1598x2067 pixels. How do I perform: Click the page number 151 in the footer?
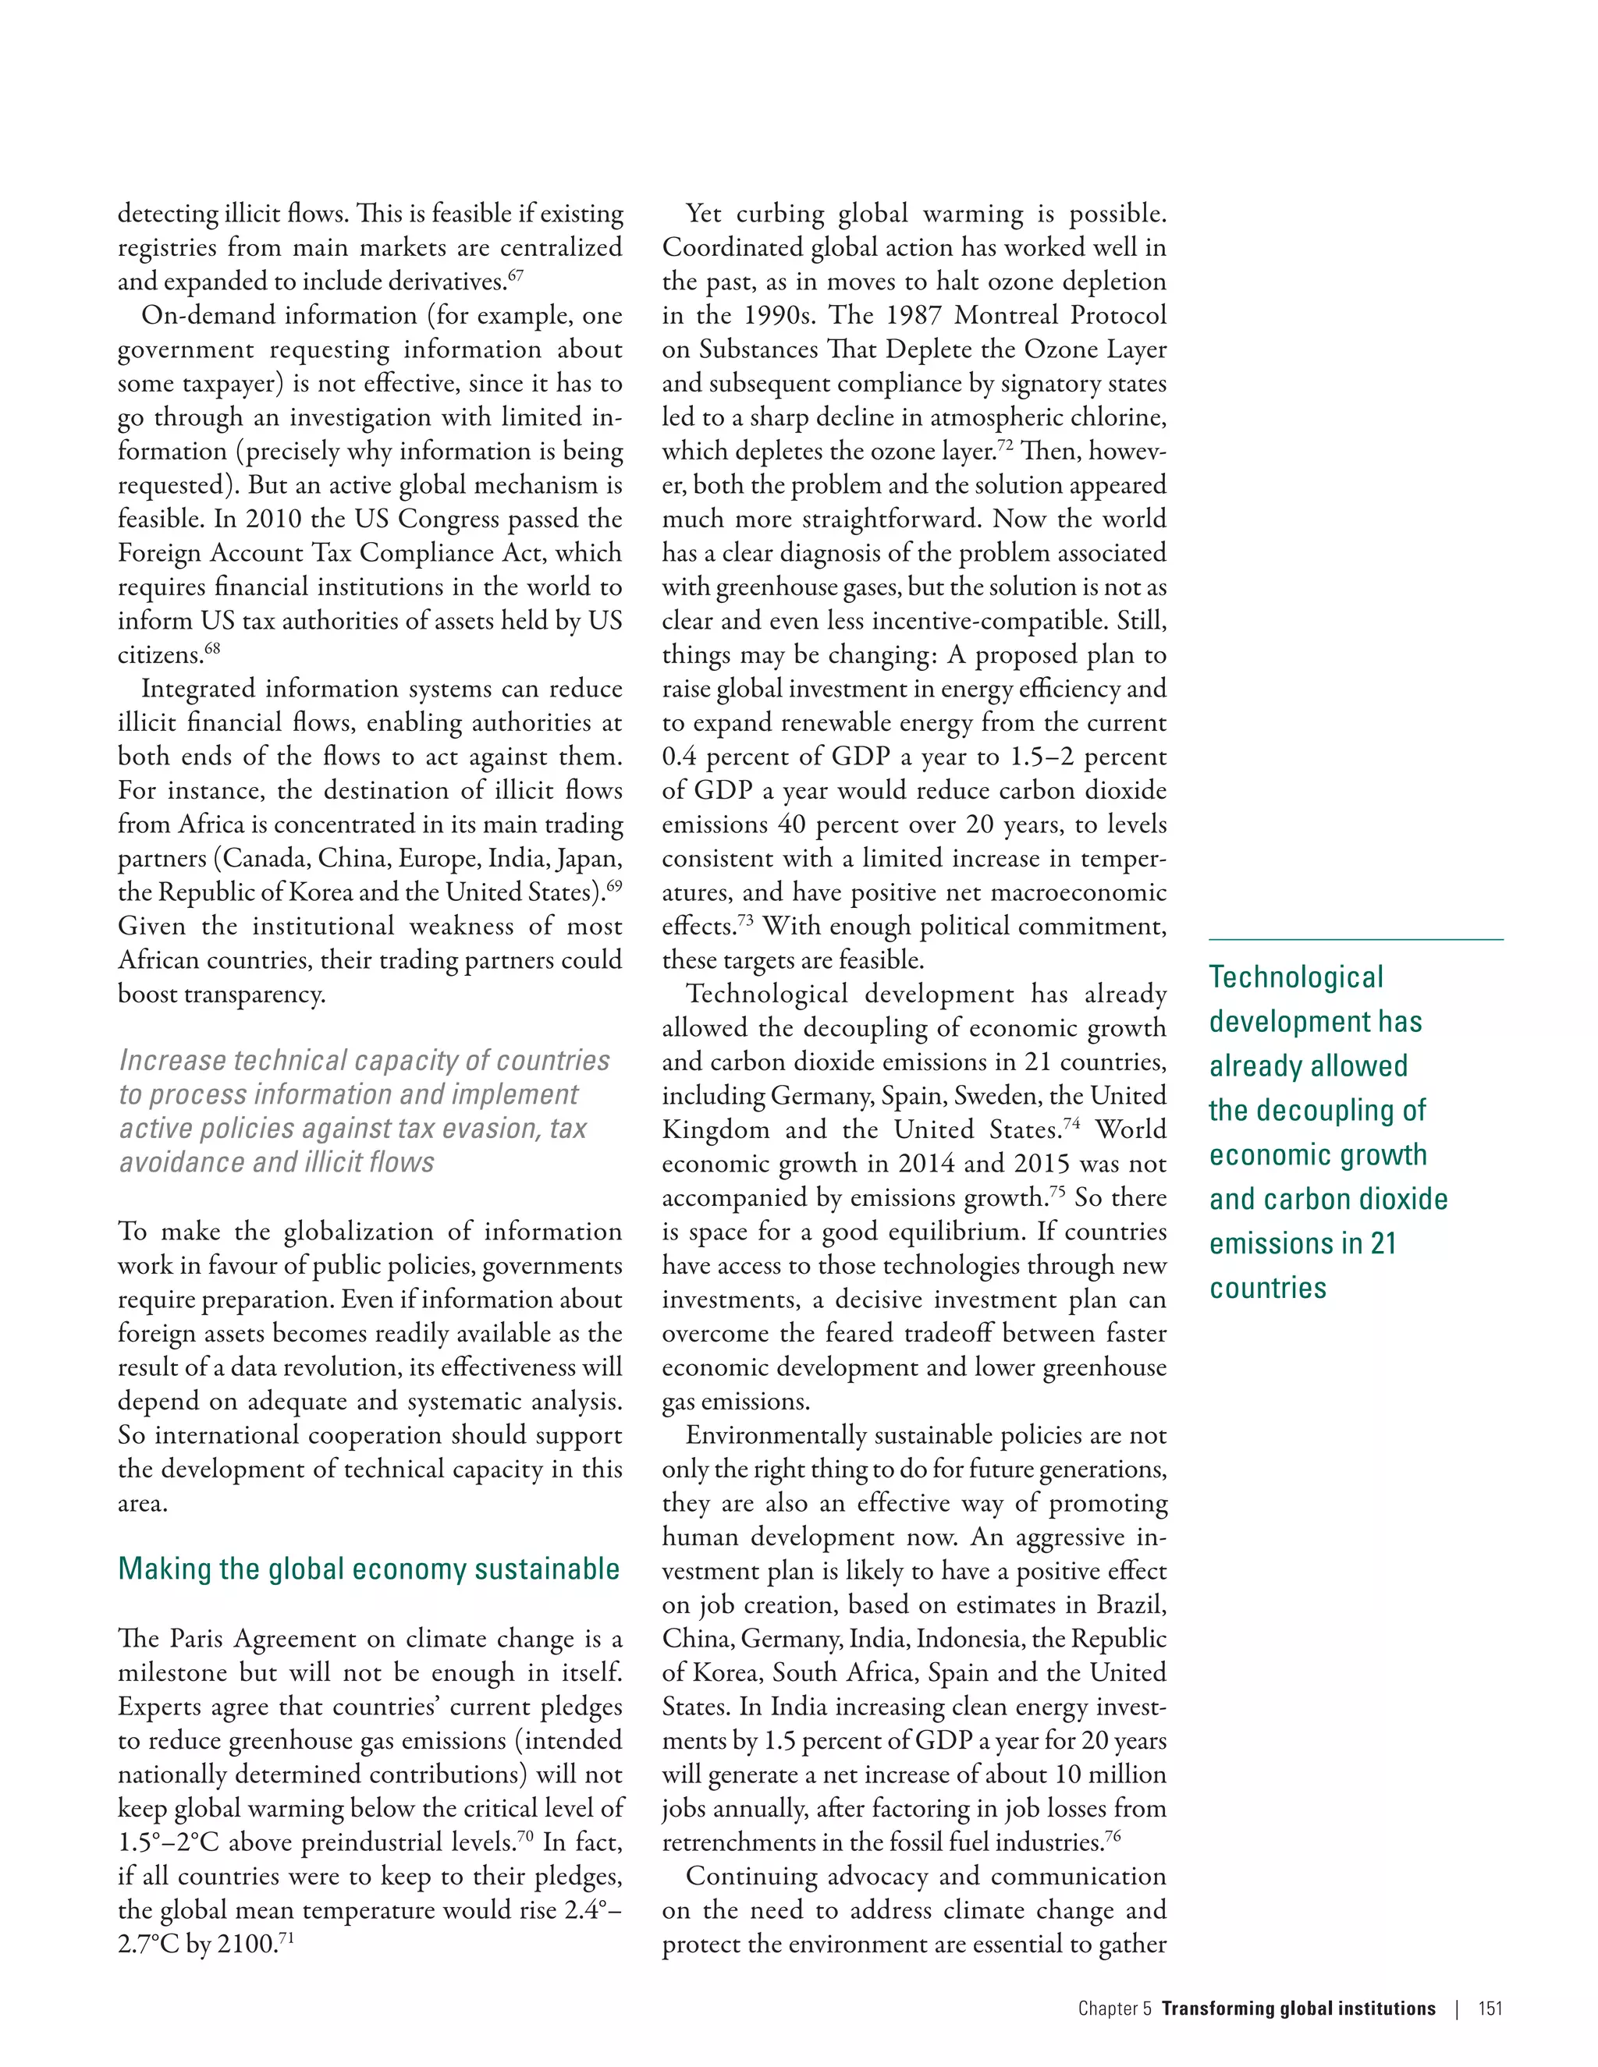1490,2008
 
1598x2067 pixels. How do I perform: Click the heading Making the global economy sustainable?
368,1569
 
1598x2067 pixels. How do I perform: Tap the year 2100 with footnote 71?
247,1945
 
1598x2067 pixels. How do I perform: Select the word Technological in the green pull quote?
1295,977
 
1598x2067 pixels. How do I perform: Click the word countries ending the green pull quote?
1268,1288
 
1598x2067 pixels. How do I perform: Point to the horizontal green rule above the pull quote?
1355,940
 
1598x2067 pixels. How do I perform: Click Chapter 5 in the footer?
1114,2008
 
